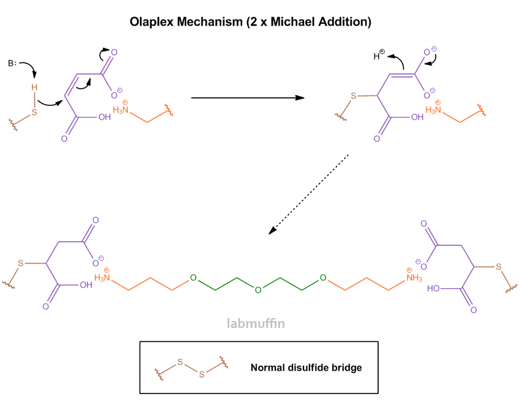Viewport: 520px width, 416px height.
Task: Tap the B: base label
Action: (13, 63)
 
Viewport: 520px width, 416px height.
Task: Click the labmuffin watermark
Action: (256, 324)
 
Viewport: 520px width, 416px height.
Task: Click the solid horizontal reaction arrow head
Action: (300, 97)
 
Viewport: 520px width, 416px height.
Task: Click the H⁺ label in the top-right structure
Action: (379, 56)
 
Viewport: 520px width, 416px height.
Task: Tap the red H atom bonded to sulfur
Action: (34, 87)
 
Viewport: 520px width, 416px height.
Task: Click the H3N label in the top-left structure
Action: (121, 110)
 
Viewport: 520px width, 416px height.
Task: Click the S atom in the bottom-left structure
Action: (20, 263)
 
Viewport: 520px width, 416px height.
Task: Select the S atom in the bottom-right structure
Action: (499, 267)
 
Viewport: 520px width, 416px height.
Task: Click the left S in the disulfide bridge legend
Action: (180, 362)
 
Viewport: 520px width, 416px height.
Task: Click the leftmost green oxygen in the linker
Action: (193, 278)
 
